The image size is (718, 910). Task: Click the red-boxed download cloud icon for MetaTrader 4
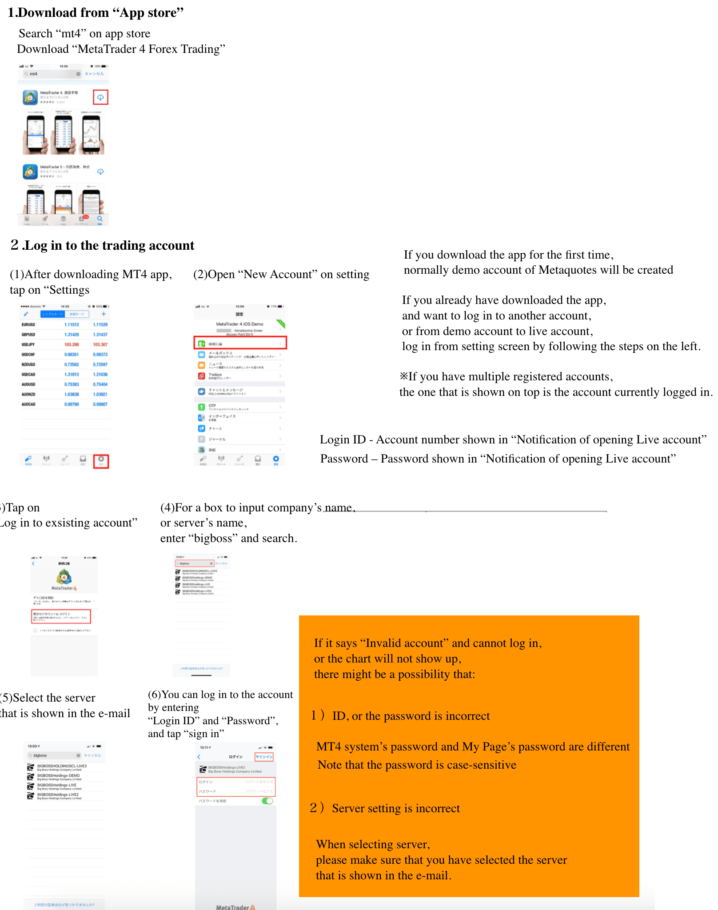tap(100, 97)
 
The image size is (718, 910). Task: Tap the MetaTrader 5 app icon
tap(30, 172)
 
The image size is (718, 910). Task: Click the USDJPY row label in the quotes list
tap(28, 344)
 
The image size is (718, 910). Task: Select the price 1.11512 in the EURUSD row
tap(72, 325)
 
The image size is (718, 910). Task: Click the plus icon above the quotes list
tap(104, 314)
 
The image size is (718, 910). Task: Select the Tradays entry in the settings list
tap(215, 375)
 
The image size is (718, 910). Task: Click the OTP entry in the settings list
tap(212, 406)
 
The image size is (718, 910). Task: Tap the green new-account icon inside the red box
tap(202, 343)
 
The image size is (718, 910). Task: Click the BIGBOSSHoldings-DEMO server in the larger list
tap(59, 776)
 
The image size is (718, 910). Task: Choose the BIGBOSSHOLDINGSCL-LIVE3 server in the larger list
tap(62, 766)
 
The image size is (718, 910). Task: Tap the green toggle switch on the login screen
tap(267, 801)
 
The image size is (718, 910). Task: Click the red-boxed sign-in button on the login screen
tap(264, 756)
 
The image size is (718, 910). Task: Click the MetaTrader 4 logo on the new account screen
tap(64, 578)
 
